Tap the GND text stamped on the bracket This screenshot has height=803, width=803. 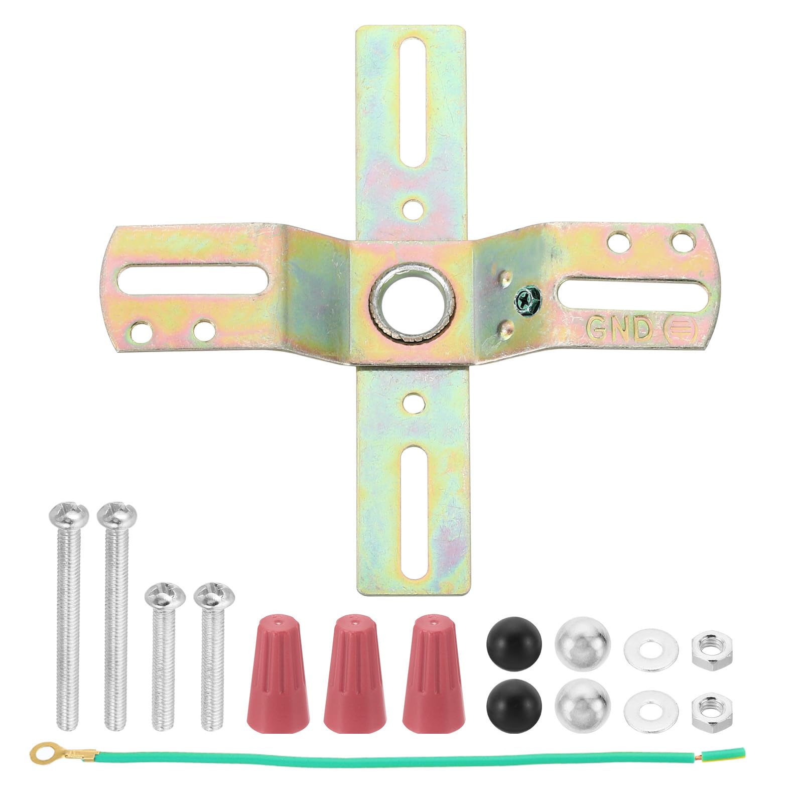(x=618, y=329)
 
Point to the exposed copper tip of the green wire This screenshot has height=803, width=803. (x=739, y=753)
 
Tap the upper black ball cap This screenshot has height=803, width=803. (x=514, y=643)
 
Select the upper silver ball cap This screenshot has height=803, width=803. (x=583, y=644)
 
